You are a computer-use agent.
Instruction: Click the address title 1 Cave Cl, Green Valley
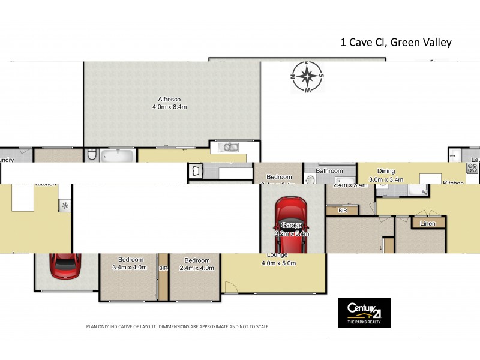pos(395,42)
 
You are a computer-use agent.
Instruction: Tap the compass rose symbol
pos(307,77)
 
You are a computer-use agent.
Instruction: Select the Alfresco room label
pos(169,99)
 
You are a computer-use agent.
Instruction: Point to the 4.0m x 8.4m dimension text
pos(170,107)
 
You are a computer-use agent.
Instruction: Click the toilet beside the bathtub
pos(92,155)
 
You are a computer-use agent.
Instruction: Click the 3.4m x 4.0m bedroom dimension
pos(130,268)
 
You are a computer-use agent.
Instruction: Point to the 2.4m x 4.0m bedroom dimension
pos(197,268)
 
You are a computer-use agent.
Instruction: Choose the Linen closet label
pos(428,224)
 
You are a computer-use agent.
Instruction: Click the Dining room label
pos(386,171)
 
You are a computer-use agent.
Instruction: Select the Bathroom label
pos(329,171)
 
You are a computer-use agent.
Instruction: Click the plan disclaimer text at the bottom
pos(177,326)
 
